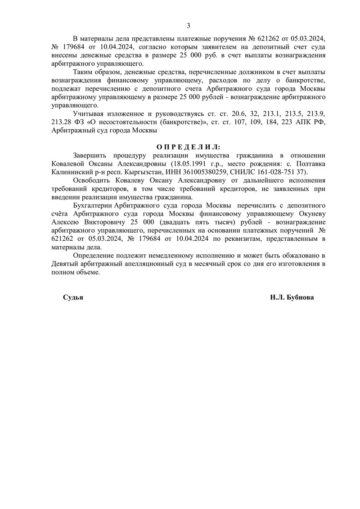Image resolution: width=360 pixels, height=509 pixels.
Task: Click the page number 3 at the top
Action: click(189, 25)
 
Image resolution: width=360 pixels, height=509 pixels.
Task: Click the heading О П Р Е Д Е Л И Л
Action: click(189, 147)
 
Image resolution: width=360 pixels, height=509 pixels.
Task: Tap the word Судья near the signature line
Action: click(73, 298)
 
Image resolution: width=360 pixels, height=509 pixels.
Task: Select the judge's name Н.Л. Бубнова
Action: click(292, 298)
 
